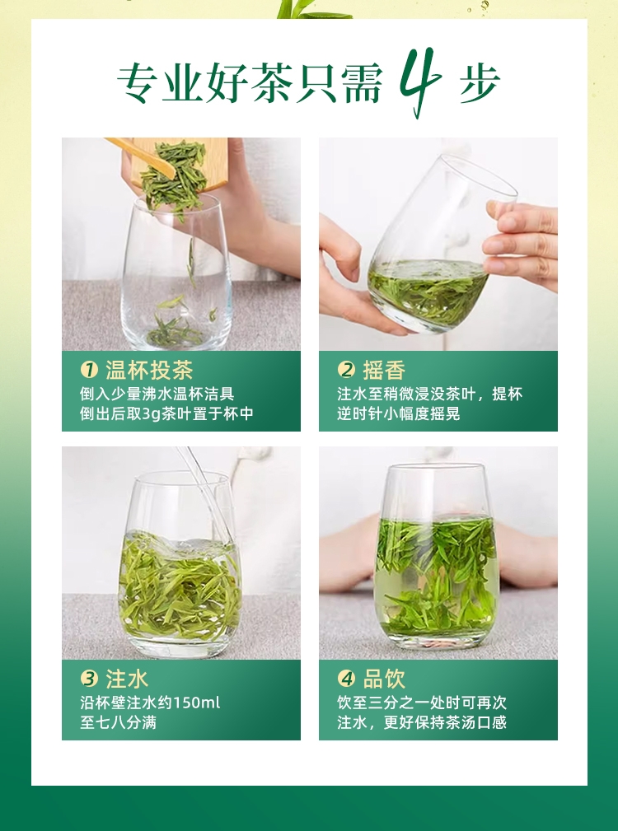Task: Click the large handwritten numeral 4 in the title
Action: (x=419, y=82)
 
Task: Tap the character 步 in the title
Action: (x=480, y=82)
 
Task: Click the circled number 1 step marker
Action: (x=89, y=370)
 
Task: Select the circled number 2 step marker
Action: (x=346, y=370)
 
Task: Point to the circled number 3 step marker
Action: (x=89, y=679)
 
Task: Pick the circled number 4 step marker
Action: (x=346, y=679)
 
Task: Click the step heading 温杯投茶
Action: (x=149, y=370)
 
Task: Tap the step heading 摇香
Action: (x=384, y=370)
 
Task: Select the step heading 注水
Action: (x=127, y=679)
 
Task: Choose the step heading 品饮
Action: (x=384, y=679)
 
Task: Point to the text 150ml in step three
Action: (x=196, y=703)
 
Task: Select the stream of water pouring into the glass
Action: (x=204, y=490)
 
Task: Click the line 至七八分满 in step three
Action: (x=118, y=722)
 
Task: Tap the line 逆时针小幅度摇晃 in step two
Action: (x=399, y=413)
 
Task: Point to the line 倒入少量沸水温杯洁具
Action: (x=157, y=394)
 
